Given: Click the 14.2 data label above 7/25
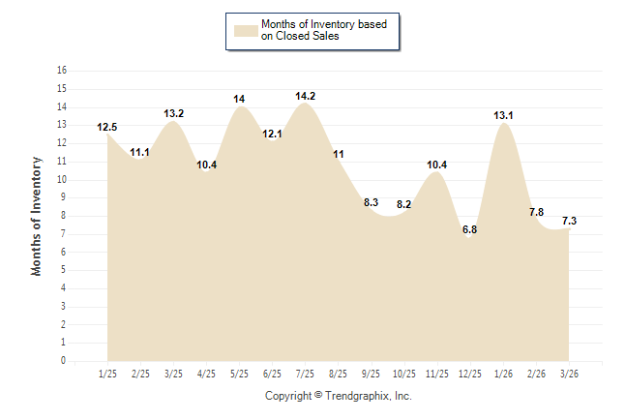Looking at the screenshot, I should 306,96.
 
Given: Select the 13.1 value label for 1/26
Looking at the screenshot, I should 503,115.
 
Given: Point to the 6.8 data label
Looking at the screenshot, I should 470,229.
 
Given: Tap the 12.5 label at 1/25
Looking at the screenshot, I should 107,127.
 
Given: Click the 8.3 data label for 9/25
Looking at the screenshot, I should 372,202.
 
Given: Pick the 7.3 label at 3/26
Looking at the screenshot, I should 569,221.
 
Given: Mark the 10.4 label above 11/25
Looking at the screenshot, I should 437,165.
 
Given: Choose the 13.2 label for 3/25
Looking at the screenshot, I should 174,113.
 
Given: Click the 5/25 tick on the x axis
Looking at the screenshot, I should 239,374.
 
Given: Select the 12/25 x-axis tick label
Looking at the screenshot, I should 470,374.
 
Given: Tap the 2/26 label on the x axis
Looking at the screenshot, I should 536,374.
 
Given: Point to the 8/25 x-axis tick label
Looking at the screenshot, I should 339,374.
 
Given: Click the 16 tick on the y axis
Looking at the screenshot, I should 62,71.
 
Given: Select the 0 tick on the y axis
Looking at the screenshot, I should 64,361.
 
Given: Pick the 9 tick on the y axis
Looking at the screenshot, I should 64,197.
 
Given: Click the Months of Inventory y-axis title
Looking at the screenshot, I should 37,216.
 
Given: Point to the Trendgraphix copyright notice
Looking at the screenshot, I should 338,396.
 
